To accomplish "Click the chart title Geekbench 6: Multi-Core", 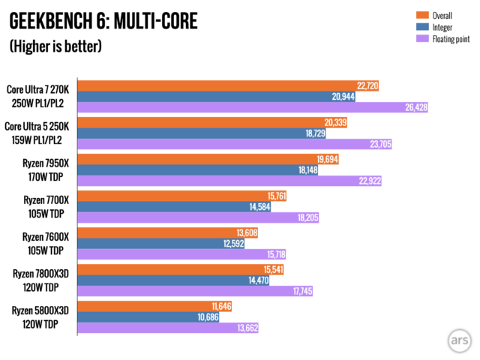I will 103,21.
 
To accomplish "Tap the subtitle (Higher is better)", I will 55,46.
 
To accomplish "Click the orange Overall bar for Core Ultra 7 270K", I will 229,85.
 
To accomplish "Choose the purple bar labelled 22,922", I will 229,181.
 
